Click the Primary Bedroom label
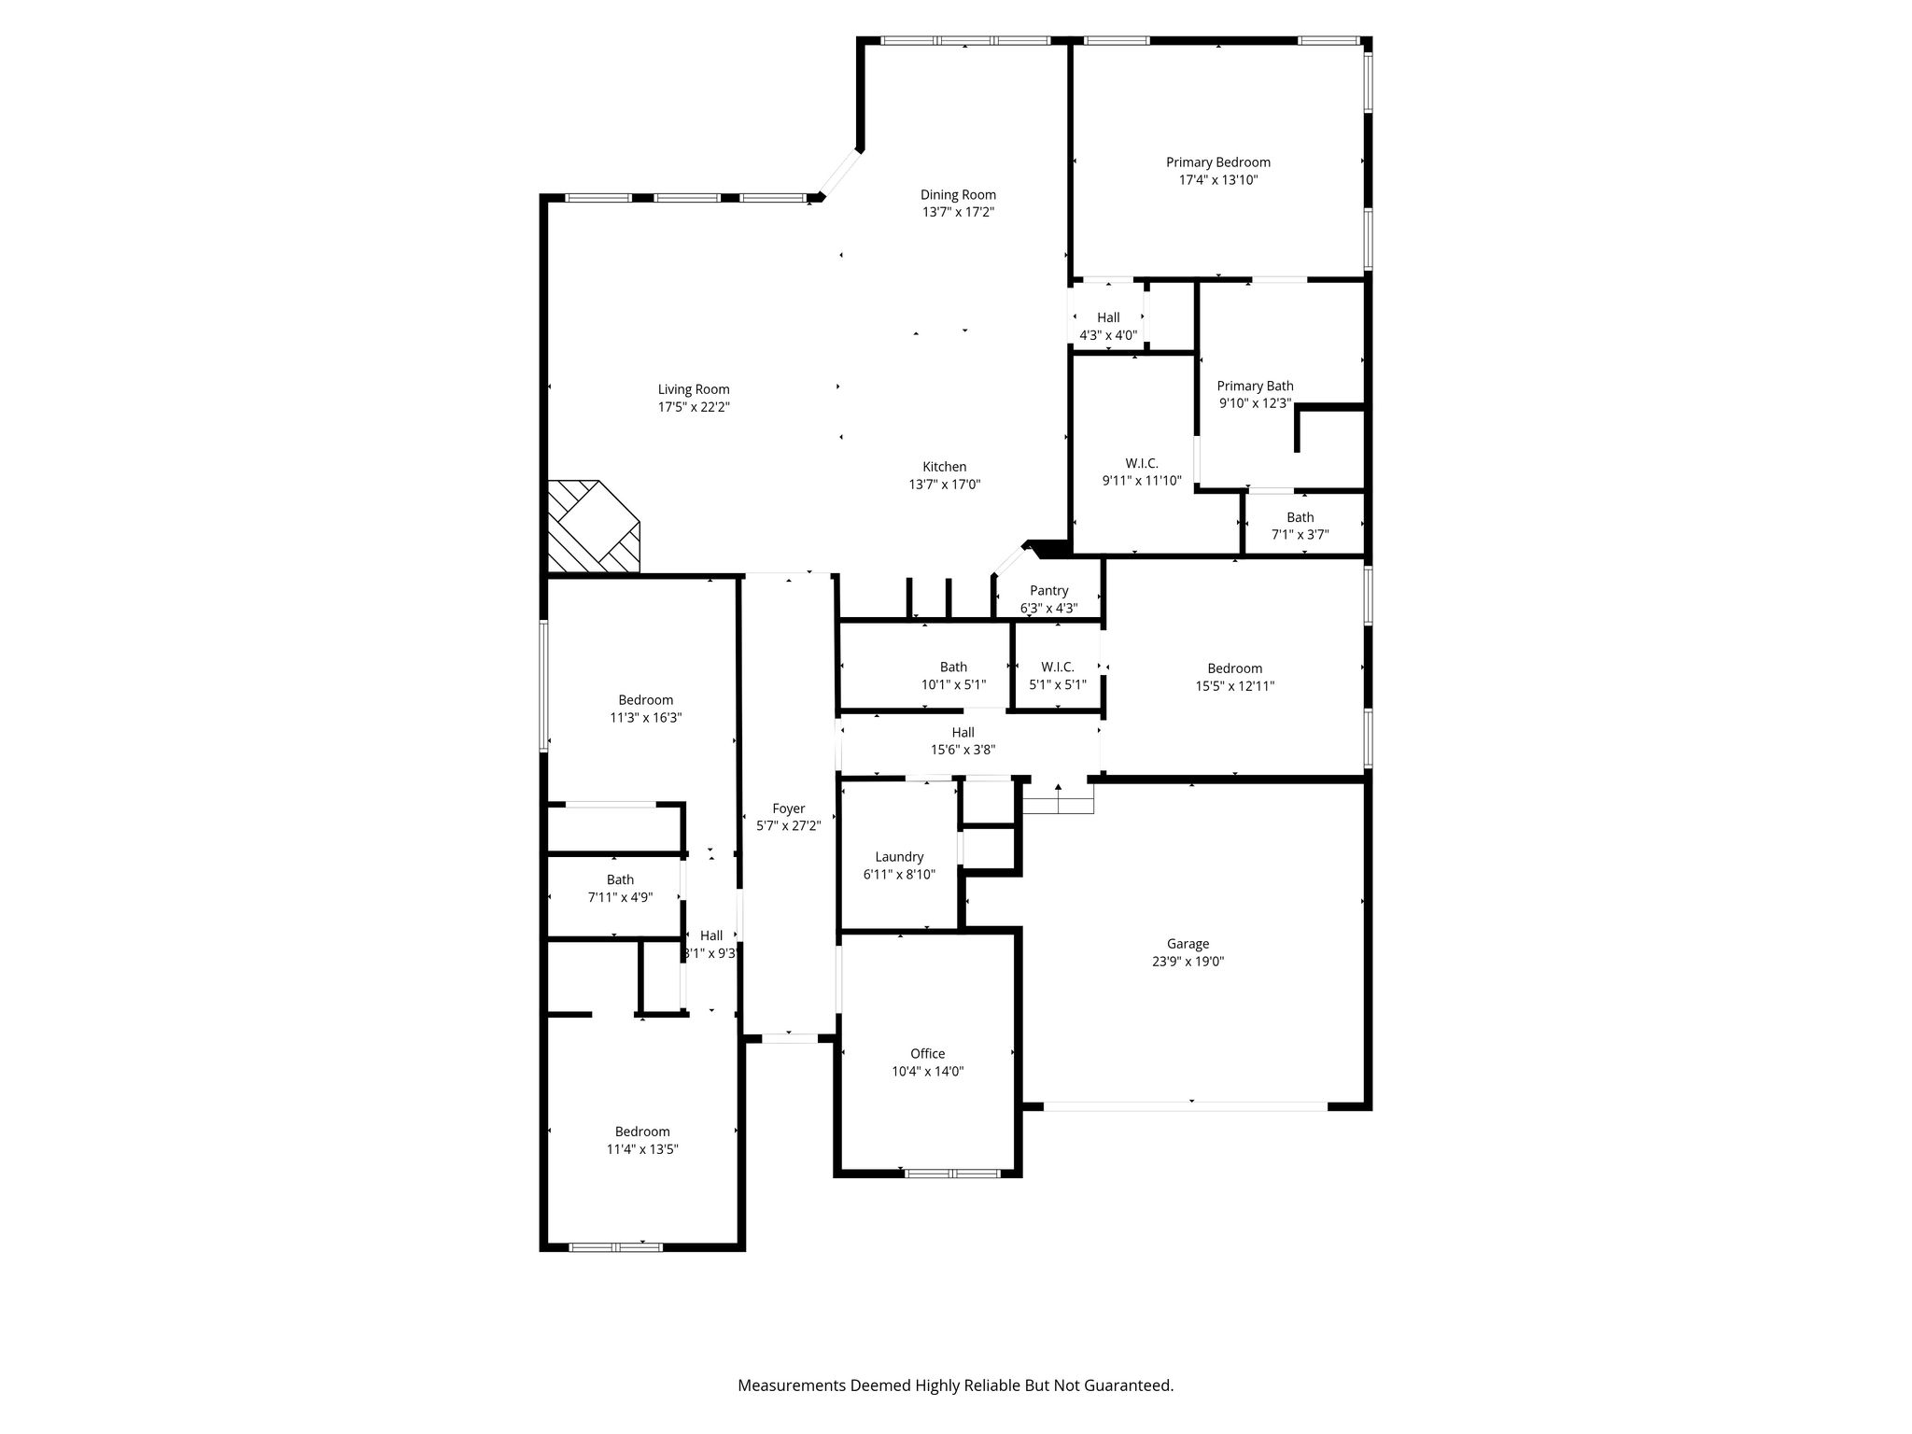click(x=1217, y=162)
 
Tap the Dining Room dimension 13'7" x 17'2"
click(x=958, y=212)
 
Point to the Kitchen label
click(x=945, y=467)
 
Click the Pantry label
click(x=1048, y=591)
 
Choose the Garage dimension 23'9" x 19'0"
click(x=1188, y=961)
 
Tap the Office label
click(x=928, y=1054)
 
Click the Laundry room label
click(x=899, y=857)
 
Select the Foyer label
click(x=789, y=809)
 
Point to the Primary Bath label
click(x=1255, y=387)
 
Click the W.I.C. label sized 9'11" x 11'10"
click(x=1142, y=463)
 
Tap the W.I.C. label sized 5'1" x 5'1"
click(x=1058, y=667)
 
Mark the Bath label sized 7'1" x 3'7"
click(x=1300, y=517)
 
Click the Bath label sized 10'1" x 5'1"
click(x=953, y=667)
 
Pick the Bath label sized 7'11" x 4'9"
click(x=620, y=879)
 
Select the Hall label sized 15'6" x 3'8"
click(x=963, y=732)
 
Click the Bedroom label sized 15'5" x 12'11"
click(x=1235, y=668)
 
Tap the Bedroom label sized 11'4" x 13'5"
click(x=642, y=1132)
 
